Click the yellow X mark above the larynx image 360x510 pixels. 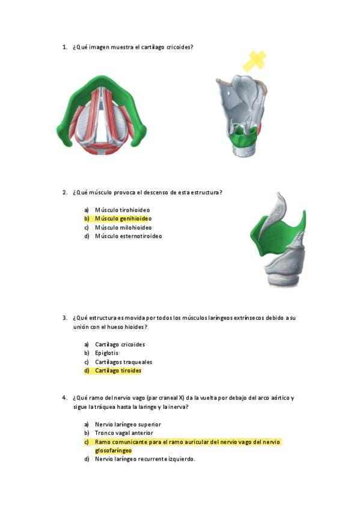[x=254, y=61]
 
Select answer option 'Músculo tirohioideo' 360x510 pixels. [x=122, y=210]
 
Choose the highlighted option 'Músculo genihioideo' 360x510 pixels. [x=123, y=218]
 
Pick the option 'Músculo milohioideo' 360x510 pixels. [x=123, y=228]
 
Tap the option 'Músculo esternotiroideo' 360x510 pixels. [x=129, y=236]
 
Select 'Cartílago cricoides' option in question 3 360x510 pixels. [x=120, y=345]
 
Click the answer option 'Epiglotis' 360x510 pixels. [x=106, y=353]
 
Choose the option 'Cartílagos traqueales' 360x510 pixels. [x=123, y=362]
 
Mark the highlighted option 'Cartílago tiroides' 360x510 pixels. [x=118, y=370]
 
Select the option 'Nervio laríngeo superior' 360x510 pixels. [x=127, y=425]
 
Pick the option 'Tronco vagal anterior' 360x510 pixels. [x=124, y=433]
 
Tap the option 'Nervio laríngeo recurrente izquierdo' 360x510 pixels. [x=145, y=459]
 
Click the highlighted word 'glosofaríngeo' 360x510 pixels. [x=114, y=450]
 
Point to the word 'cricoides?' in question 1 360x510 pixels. [x=180, y=47]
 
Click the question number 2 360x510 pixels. [x=65, y=192]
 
